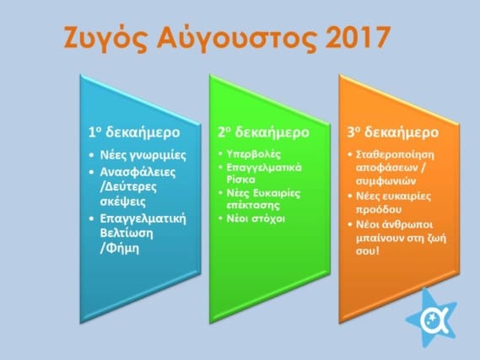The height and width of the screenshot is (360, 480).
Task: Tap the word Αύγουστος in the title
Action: [x=236, y=38]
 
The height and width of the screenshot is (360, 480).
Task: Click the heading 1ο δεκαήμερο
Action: [x=134, y=132]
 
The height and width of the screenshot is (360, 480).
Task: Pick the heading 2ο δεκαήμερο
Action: [x=263, y=132]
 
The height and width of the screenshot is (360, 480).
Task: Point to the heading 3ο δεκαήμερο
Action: [x=393, y=132]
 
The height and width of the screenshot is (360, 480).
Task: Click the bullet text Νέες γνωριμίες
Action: [x=143, y=155]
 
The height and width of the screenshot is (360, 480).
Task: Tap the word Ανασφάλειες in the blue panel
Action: [x=138, y=172]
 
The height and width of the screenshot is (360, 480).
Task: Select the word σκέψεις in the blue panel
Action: [x=123, y=201]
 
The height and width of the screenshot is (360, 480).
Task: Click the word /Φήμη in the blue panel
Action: [x=120, y=249]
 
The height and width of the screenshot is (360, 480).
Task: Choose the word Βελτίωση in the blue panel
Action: [x=127, y=233]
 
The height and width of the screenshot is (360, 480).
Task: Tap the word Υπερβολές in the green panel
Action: [x=253, y=154]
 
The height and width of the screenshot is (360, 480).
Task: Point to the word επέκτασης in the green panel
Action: [x=253, y=205]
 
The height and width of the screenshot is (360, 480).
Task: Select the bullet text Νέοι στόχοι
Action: [x=256, y=218]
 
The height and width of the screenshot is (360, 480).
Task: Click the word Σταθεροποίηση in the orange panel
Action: [x=395, y=155]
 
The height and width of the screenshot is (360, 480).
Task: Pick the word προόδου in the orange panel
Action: [x=379, y=210]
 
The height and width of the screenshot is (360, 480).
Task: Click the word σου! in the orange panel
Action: [x=367, y=251]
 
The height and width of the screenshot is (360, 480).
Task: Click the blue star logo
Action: [x=432, y=318]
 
